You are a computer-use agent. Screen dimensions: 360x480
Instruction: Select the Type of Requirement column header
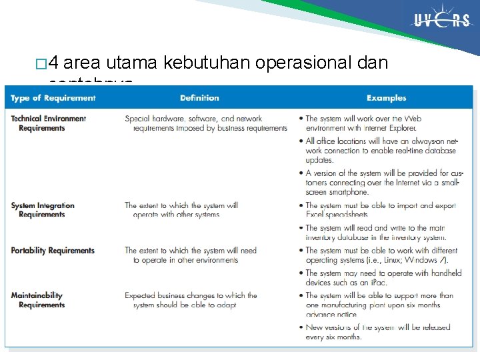[53, 98]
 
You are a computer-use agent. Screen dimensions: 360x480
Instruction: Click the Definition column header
[199, 98]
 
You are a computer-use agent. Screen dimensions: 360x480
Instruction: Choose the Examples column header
[386, 98]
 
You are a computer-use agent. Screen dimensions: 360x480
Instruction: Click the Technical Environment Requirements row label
[48, 123]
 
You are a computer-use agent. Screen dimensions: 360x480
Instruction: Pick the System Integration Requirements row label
[47, 210]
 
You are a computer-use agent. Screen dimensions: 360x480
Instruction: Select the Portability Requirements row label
[53, 251]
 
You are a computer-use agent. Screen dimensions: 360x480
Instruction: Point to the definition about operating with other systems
[181, 210]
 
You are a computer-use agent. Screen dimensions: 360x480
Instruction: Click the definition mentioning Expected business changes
[190, 300]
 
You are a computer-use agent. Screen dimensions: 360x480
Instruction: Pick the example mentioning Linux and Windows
[380, 255]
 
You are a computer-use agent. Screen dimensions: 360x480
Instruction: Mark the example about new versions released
[377, 331]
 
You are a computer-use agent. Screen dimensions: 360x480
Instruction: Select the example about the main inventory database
[377, 233]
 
